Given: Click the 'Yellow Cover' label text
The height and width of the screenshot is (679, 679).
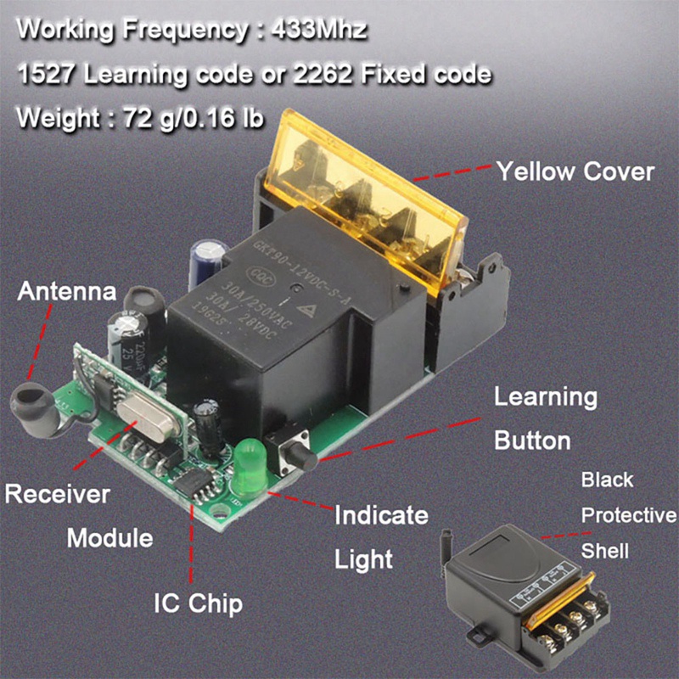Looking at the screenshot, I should coord(575,171).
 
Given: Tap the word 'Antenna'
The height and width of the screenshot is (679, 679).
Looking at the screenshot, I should coord(67,292).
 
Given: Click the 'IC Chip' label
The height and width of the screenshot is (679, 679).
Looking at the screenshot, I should coord(198,603).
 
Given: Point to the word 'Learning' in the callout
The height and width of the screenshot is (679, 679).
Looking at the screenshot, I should coord(546,397).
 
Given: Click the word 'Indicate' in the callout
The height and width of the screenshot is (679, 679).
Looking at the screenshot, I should coord(381,515).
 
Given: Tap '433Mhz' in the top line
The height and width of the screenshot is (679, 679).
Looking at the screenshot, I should coord(319,31).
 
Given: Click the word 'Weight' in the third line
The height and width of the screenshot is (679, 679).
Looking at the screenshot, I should coord(58,117).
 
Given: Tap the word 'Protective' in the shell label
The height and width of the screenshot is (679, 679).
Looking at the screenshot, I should coord(628,515).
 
